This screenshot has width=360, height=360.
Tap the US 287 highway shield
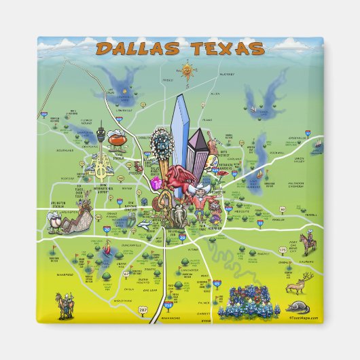pyautogui.click(x=144, y=310)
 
